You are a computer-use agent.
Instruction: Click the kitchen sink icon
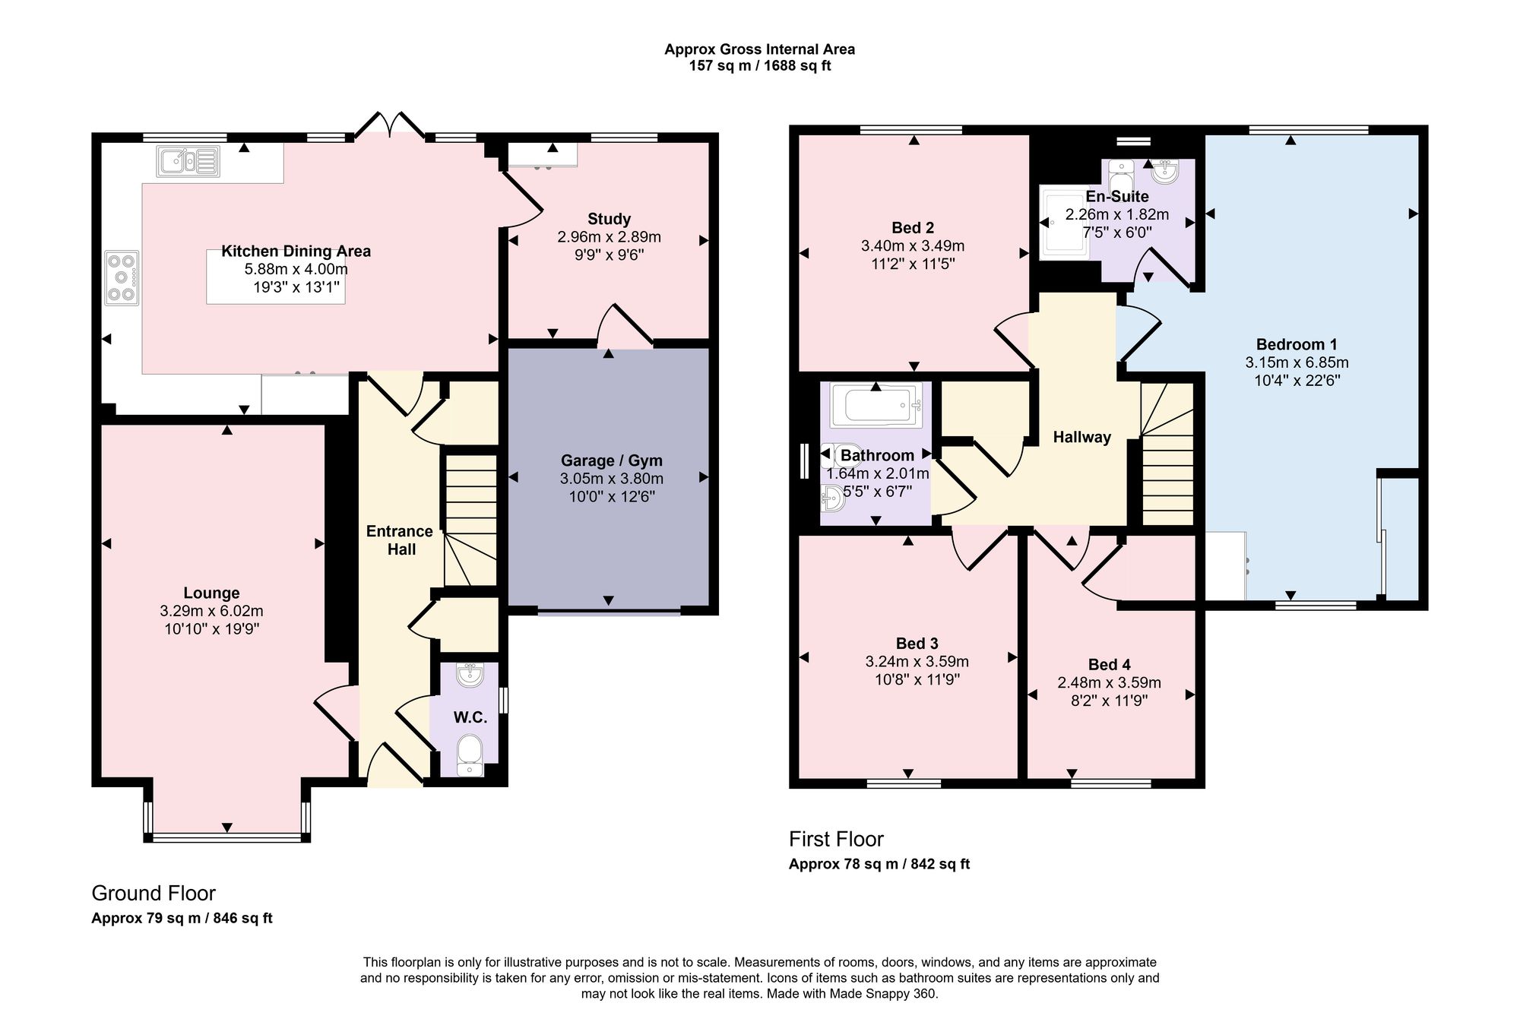(x=188, y=160)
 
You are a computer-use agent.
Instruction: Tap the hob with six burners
(x=122, y=278)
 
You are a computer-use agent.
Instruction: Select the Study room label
(x=609, y=219)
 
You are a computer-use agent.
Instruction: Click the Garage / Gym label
(x=612, y=460)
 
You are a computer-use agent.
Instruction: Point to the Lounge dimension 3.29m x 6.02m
(x=212, y=611)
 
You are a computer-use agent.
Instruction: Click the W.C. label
(x=470, y=717)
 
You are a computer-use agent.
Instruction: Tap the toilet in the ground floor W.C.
(x=470, y=755)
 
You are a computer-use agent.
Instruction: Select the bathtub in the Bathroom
(x=876, y=406)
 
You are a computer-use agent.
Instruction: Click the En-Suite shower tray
(x=1063, y=222)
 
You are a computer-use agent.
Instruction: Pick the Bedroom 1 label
(x=1297, y=344)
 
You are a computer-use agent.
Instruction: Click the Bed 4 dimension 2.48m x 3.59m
(x=1110, y=682)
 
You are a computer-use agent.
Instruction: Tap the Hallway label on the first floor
(x=1082, y=437)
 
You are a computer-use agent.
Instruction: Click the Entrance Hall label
(x=400, y=540)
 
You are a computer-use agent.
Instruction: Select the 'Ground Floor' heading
(x=154, y=893)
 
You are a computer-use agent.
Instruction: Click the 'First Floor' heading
(x=836, y=839)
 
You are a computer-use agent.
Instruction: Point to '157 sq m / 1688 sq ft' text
(x=760, y=66)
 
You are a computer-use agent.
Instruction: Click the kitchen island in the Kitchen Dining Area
(x=275, y=277)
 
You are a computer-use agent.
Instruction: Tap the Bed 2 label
(x=913, y=228)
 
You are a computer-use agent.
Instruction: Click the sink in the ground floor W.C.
(x=470, y=674)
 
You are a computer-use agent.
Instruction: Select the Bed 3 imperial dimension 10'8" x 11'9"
(x=917, y=679)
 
